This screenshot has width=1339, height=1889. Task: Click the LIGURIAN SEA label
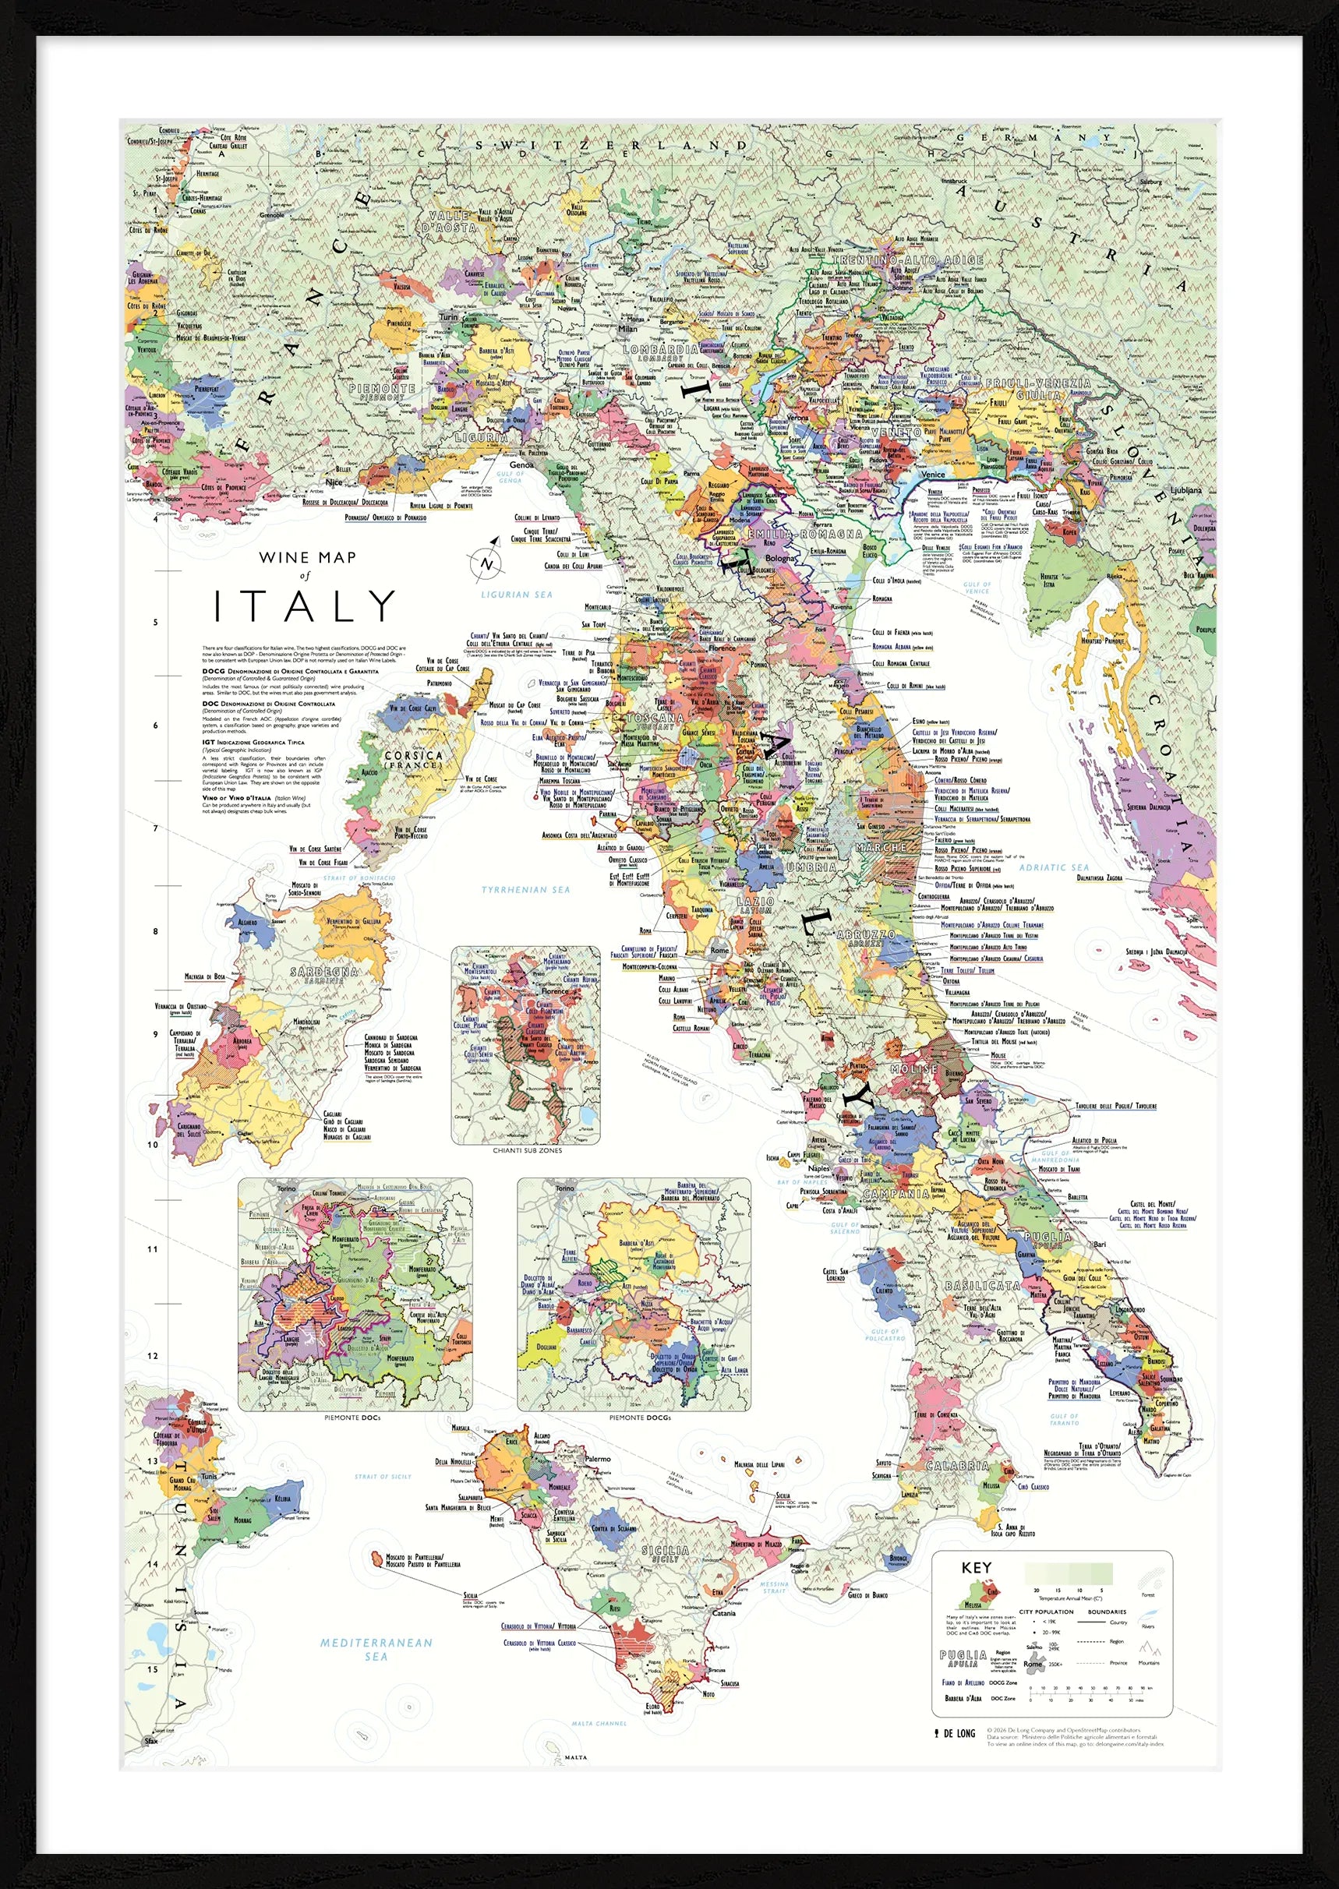point(517,595)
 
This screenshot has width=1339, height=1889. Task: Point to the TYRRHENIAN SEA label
point(526,889)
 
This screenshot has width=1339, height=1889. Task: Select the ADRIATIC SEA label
point(1054,867)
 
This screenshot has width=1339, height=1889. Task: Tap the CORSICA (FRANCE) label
point(414,759)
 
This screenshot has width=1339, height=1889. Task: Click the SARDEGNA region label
point(325,973)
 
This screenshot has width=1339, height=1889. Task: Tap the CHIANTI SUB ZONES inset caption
point(526,1150)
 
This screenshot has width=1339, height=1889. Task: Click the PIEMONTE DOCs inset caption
point(355,1418)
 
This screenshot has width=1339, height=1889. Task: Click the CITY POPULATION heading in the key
point(1045,1612)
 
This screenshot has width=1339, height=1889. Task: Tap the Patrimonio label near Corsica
point(439,683)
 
